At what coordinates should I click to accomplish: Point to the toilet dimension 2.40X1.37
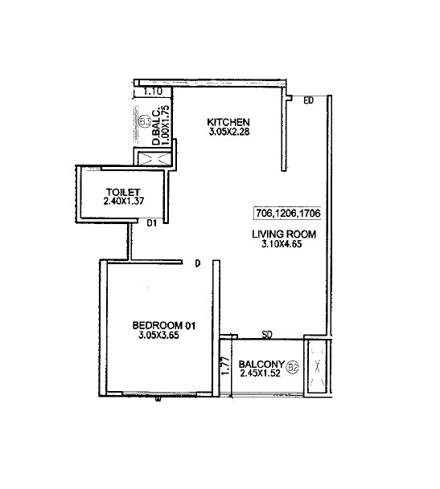[123, 202]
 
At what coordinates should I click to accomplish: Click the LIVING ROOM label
[284, 234]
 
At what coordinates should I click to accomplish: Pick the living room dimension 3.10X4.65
[284, 245]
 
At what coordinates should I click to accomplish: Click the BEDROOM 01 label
[164, 325]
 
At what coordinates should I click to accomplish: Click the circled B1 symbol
[145, 122]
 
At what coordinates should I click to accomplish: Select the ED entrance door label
[308, 100]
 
